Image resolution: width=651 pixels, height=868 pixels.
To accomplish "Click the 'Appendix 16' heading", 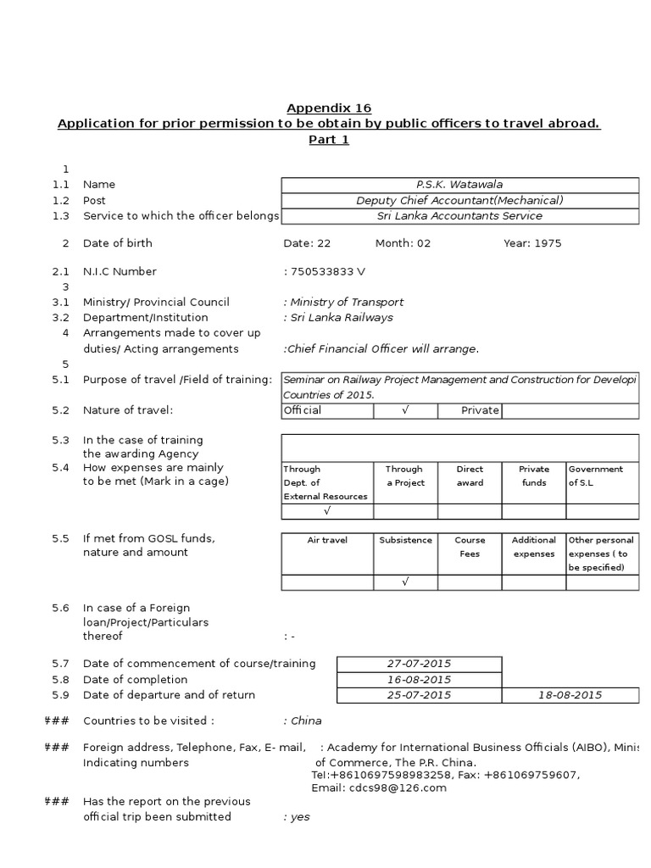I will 329,108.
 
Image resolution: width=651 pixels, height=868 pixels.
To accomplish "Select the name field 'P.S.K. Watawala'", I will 459,185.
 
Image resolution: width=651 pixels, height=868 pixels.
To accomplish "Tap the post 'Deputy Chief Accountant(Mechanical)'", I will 459,201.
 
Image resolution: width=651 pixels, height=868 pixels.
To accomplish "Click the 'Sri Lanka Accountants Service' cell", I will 459,216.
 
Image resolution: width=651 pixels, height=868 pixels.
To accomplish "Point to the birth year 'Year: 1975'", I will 532,243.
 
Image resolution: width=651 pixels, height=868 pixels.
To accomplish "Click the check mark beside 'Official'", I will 405,411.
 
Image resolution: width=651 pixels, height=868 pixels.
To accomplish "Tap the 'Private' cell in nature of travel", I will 480,411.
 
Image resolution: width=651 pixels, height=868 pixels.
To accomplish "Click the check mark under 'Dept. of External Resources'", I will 326,511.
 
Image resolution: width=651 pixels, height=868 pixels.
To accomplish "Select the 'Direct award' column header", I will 470,476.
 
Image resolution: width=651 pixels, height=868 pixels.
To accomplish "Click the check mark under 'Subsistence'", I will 405,582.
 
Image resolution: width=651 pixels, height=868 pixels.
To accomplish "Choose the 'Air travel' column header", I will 326,540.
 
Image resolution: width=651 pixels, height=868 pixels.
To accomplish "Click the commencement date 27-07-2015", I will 419,664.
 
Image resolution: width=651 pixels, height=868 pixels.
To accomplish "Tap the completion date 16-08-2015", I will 419,680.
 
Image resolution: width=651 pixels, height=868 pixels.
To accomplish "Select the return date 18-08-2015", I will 570,695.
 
